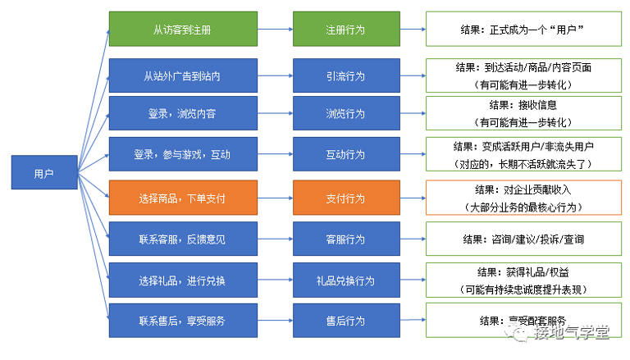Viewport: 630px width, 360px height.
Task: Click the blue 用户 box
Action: point(44,172)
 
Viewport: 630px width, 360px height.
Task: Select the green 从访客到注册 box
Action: point(183,29)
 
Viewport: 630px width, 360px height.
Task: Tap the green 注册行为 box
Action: point(346,29)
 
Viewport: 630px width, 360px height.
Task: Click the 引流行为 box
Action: point(346,75)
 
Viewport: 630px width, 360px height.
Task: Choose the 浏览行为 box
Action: point(346,113)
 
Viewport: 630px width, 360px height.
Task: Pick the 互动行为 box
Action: point(346,154)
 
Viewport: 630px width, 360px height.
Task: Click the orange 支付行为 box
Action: point(346,198)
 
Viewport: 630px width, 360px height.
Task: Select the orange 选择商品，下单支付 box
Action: point(183,198)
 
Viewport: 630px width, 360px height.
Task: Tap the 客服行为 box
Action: point(346,239)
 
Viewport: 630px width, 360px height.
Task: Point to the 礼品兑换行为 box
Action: point(346,280)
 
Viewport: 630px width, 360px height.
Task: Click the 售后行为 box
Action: point(346,321)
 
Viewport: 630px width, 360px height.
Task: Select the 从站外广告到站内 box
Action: point(183,75)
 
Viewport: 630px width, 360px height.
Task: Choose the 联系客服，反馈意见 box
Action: point(183,239)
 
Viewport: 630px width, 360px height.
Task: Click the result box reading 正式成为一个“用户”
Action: point(523,29)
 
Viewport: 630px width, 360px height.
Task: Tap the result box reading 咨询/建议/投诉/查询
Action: point(523,239)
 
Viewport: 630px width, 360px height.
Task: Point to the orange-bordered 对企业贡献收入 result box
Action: point(523,198)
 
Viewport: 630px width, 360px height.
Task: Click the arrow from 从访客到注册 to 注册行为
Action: point(276,29)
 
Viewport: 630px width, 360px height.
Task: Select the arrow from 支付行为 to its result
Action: point(413,198)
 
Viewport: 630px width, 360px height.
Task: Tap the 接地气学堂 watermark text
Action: point(571,332)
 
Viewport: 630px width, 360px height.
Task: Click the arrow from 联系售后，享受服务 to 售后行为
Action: point(276,321)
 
